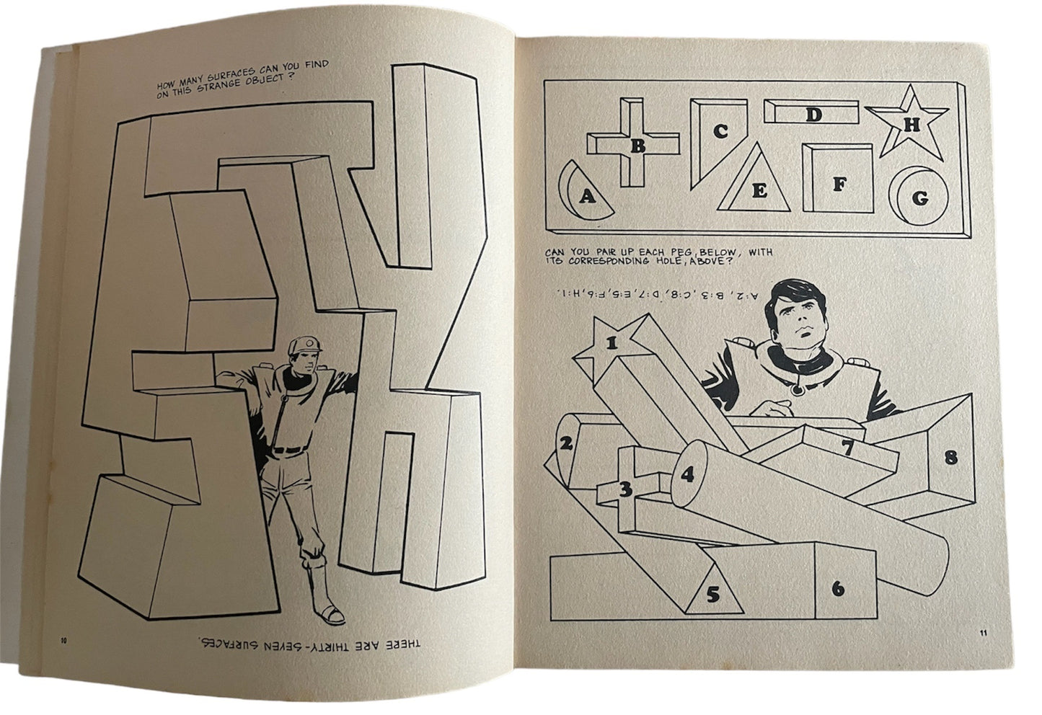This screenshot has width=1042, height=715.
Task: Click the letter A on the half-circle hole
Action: [x=588, y=196]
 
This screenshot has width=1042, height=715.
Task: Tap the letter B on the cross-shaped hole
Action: [x=637, y=146]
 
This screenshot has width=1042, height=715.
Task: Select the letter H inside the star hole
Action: [x=911, y=125]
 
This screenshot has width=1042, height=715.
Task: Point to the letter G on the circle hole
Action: [x=919, y=198]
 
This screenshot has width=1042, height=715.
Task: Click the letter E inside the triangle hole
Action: [x=759, y=190]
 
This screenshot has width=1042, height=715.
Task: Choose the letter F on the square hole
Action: [x=839, y=185]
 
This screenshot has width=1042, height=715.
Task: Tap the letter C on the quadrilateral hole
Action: [x=720, y=131]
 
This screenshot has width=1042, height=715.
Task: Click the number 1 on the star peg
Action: [x=611, y=343]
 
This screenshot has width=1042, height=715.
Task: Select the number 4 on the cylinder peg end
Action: [x=687, y=475]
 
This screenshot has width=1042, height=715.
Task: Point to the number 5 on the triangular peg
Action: [x=713, y=594]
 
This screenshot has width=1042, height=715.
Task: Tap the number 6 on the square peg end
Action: [x=838, y=589]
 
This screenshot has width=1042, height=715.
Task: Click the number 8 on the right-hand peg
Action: [x=951, y=457]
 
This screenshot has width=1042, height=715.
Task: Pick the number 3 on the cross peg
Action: [x=626, y=489]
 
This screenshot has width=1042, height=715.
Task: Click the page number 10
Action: [x=63, y=641]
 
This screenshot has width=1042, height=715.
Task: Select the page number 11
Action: [x=984, y=633]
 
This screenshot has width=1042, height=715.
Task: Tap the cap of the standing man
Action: [x=304, y=345]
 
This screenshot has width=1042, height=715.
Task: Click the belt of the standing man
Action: [x=288, y=450]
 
